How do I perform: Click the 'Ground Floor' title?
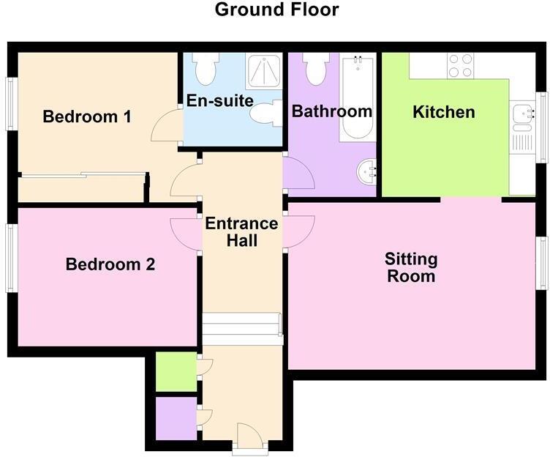pos(276,10)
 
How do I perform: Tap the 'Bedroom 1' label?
pos(87,116)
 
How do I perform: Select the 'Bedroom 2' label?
pos(110,264)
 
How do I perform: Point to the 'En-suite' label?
pos(219,100)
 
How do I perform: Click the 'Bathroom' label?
pos(332,112)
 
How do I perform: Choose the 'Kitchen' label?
pos(443,112)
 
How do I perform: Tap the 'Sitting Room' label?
pos(411,267)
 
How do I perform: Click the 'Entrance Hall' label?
pos(241,231)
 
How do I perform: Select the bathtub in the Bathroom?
pos(357,98)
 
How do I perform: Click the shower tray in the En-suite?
pos(263,71)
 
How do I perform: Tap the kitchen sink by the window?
pos(522,115)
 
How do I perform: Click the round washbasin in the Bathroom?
pos(366,173)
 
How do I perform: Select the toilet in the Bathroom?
pos(315,69)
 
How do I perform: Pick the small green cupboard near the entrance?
pos(176,371)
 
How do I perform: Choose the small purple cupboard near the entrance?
pos(176,418)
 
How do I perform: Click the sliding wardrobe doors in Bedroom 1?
pos(82,174)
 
